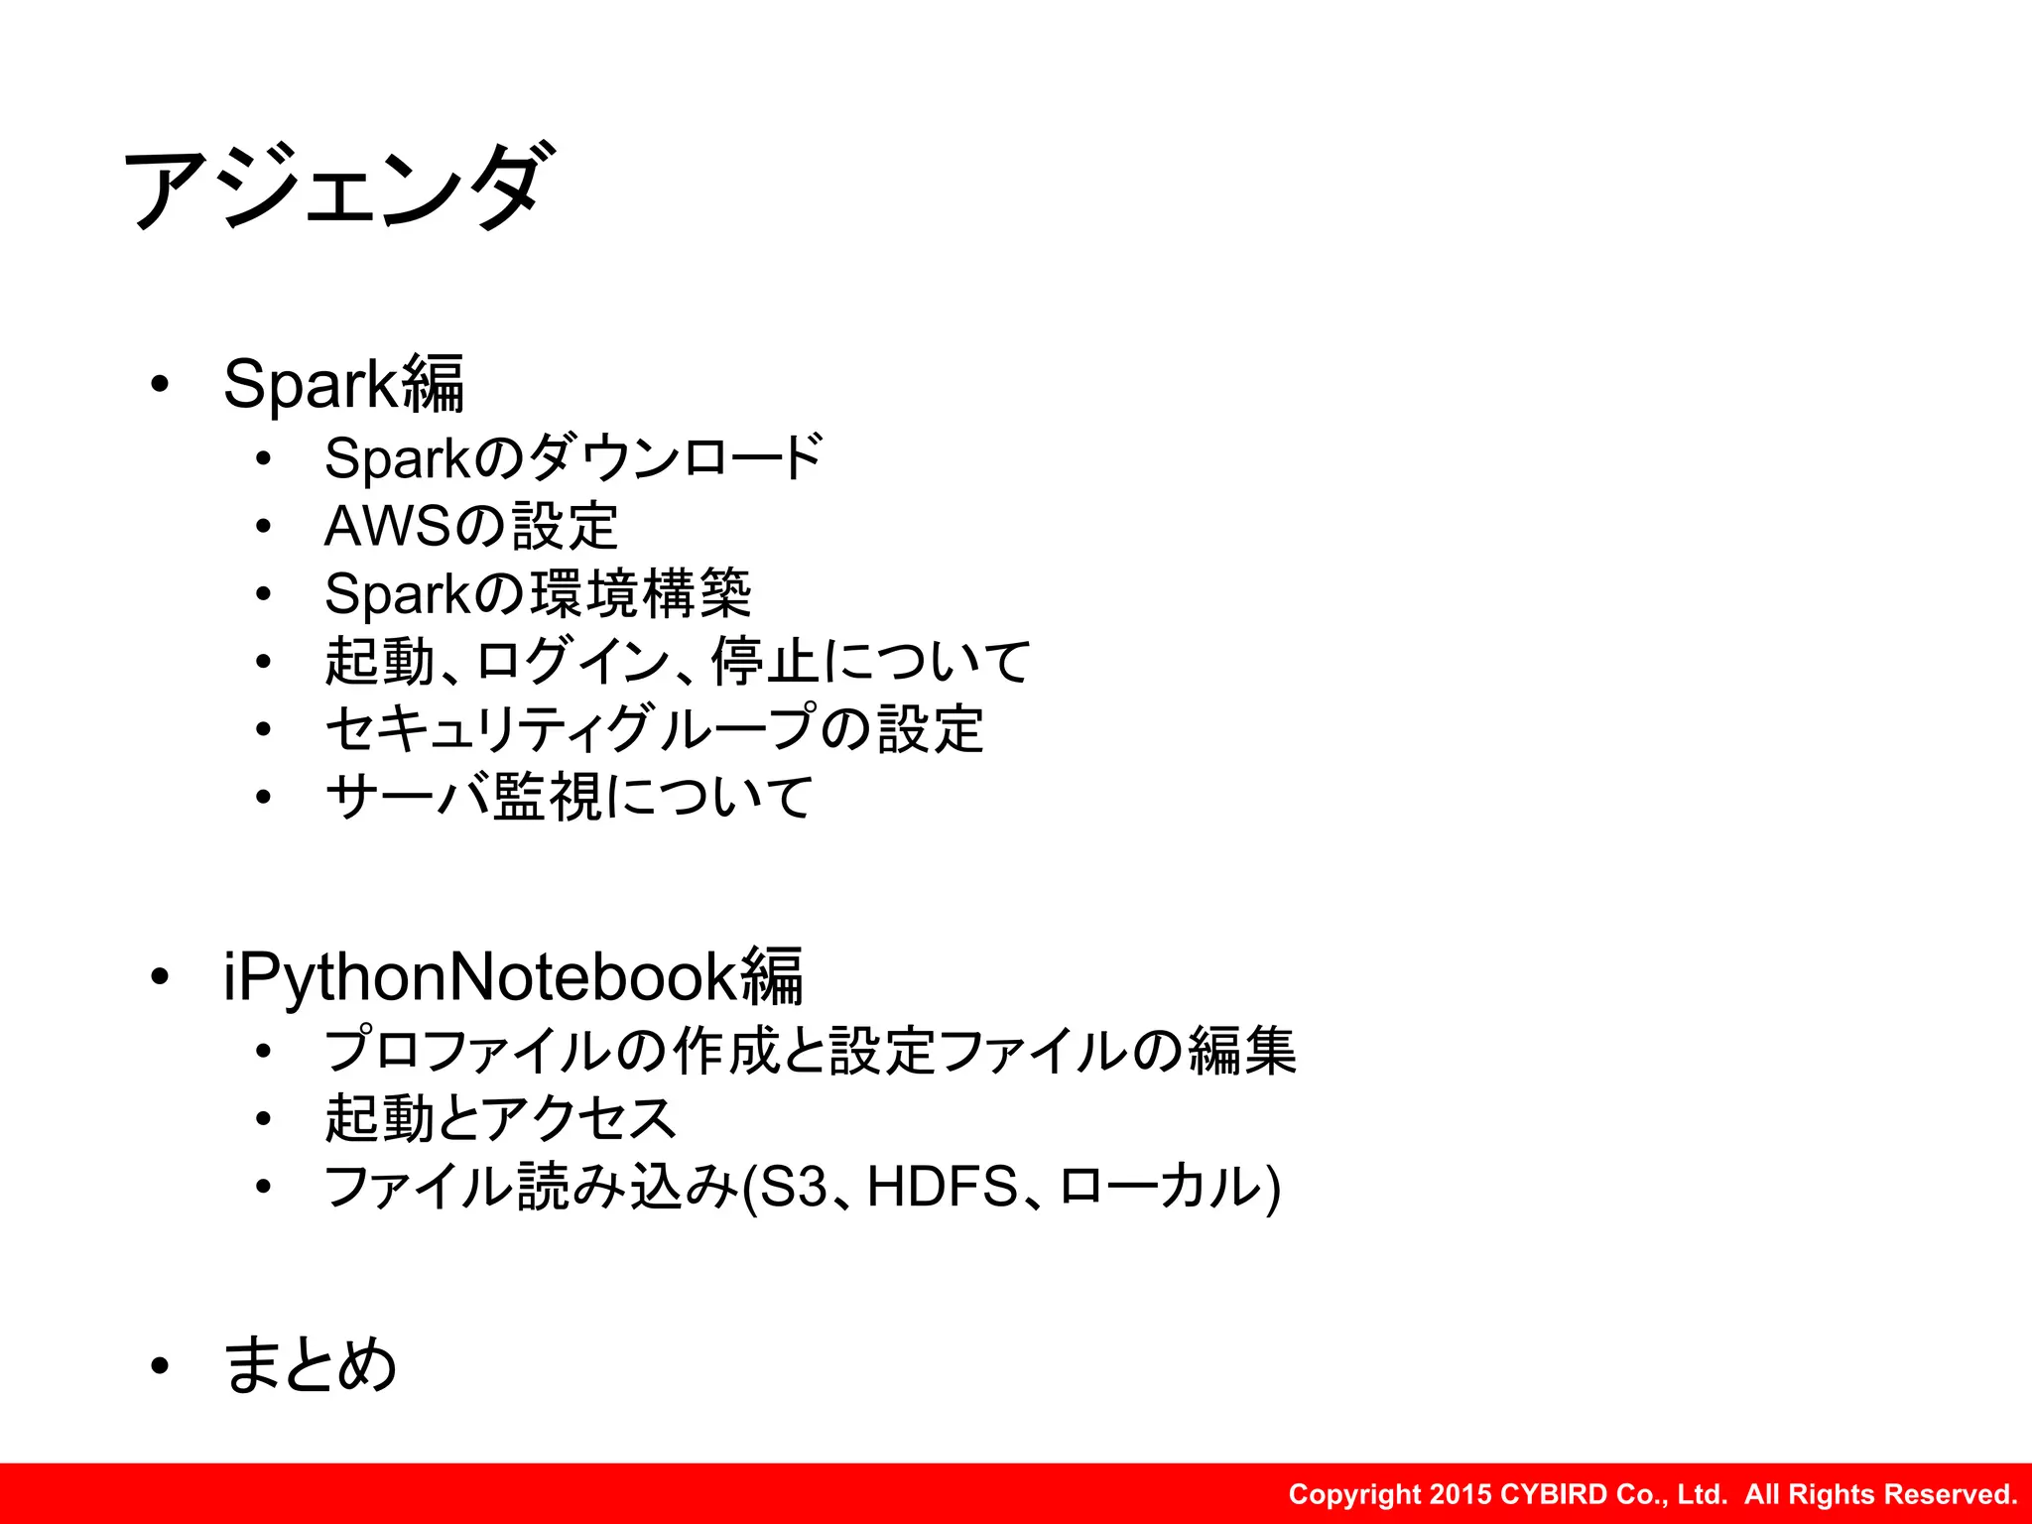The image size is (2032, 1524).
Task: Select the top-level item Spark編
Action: tap(343, 384)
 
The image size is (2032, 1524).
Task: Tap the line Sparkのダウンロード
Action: tap(572, 458)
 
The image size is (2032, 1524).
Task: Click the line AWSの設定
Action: tap(471, 526)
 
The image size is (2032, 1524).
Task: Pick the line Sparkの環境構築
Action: tap(538, 594)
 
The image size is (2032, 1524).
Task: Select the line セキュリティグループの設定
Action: tap(654, 729)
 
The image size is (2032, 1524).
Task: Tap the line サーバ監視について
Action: tap(569, 797)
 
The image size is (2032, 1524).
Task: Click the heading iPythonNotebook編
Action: tap(513, 977)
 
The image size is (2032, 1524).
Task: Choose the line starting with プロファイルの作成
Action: tap(810, 1052)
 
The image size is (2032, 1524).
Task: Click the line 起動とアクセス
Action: tap(500, 1119)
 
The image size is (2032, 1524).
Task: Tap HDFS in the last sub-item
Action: tap(943, 1187)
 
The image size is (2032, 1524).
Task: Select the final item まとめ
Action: tap(311, 1365)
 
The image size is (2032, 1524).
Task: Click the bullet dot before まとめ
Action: tap(160, 1367)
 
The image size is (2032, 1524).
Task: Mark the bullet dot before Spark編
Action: tap(160, 385)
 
